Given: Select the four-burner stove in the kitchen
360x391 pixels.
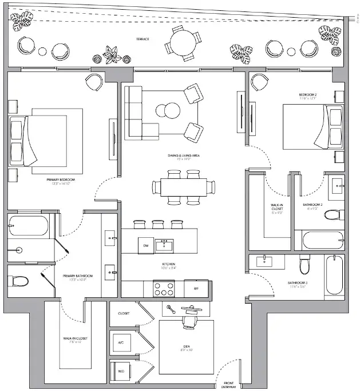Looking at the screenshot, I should [163, 286].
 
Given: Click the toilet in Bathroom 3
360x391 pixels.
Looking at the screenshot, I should [305, 265].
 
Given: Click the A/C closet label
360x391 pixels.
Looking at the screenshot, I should [121, 342].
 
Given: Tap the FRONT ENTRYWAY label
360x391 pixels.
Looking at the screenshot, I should [228, 385].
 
